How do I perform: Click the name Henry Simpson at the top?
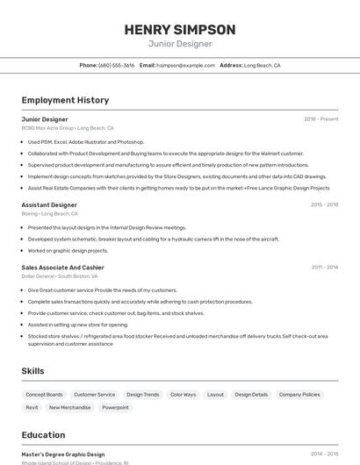click(x=179, y=29)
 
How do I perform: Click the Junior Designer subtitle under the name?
click(x=179, y=43)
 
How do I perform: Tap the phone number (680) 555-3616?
click(x=117, y=65)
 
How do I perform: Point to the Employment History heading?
click(x=65, y=100)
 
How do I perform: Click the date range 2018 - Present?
click(x=321, y=118)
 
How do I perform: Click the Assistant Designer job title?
click(x=49, y=204)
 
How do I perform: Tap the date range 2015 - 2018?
click(x=324, y=204)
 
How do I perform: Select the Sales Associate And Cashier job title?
click(x=62, y=267)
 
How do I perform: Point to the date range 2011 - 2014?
click(x=324, y=267)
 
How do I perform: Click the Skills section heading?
click(x=32, y=371)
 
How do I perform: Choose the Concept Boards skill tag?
click(x=44, y=395)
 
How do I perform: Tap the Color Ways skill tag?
click(x=183, y=395)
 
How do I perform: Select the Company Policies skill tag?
click(x=299, y=395)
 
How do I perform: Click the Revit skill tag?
click(x=32, y=407)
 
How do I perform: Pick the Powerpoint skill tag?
click(x=115, y=407)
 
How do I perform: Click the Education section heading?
click(x=43, y=434)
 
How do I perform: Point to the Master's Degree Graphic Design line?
click(x=63, y=454)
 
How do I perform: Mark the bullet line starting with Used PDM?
click(x=86, y=141)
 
